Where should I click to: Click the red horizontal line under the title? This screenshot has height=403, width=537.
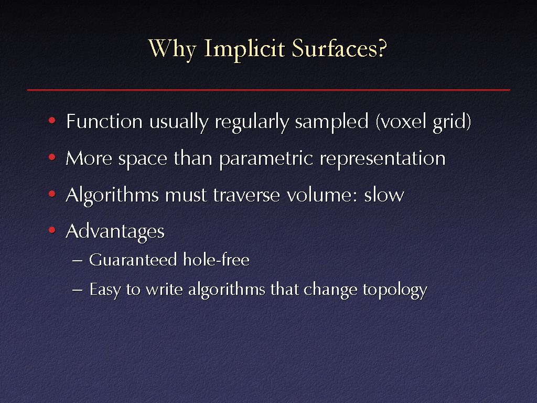click(268, 90)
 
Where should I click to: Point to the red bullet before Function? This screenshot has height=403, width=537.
click(52, 121)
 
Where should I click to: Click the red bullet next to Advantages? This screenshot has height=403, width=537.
click(52, 230)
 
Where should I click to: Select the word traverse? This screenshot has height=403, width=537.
click(246, 195)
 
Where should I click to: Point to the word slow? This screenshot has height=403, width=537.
click(384, 195)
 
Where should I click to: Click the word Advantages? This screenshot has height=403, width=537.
click(115, 232)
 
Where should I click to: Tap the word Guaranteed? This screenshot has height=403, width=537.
click(133, 259)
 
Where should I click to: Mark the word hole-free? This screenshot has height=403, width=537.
click(216, 259)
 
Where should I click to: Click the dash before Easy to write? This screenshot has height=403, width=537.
click(78, 290)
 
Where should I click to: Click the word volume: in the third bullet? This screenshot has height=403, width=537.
click(321, 195)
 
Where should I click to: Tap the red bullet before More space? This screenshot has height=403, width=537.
click(52, 157)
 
